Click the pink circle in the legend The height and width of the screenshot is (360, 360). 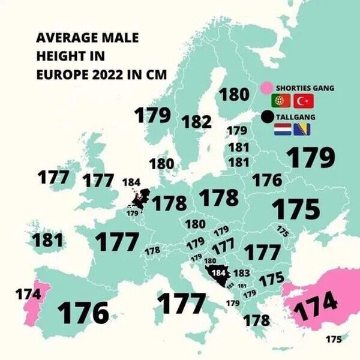tap(268, 88)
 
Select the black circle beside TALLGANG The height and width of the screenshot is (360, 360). tap(268, 116)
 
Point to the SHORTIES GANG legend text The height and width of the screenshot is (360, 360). tap(305, 88)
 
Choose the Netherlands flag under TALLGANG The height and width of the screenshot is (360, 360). tap(283, 130)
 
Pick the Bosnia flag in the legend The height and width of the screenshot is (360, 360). tap(303, 130)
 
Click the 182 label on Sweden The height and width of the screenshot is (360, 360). tap(196, 121)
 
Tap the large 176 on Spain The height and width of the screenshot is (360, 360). tap(83, 313)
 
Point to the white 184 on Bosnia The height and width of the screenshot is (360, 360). tap(220, 272)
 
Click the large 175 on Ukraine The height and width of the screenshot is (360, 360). tap(295, 209)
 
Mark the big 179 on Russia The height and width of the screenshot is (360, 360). tap(310, 157)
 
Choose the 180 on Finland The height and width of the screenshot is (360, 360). tap(234, 95)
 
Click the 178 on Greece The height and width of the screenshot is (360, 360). tap(256, 320)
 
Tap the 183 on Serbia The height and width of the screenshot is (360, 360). tap(241, 273)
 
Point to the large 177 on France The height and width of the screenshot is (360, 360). tap(117, 242)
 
